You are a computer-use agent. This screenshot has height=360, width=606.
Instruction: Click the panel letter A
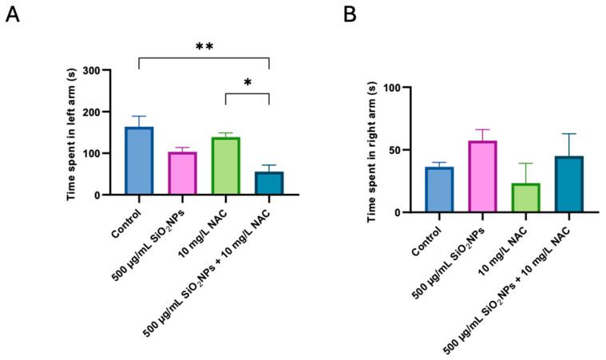(x=12, y=15)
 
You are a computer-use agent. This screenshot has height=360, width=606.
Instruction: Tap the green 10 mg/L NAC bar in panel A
(x=226, y=166)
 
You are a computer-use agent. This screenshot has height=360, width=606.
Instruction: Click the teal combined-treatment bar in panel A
(x=269, y=183)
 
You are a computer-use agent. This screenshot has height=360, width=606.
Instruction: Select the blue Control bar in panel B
(x=439, y=190)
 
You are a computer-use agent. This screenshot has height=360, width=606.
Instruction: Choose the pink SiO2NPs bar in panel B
(x=482, y=176)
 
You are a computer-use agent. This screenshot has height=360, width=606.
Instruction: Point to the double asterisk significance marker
(x=204, y=48)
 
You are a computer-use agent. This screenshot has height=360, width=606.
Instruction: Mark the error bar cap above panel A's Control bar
(x=139, y=117)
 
